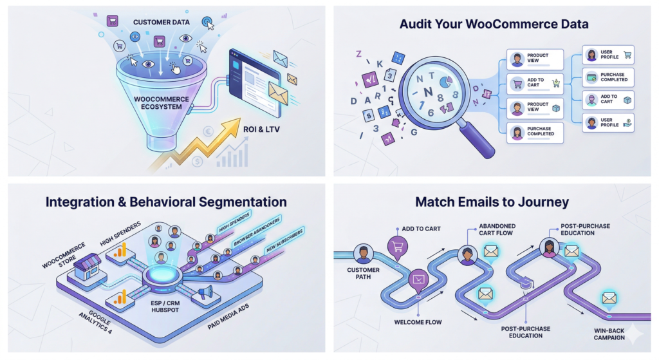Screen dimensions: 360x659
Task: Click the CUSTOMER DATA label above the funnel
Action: point(160,23)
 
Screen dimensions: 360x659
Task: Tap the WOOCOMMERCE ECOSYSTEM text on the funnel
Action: point(161,103)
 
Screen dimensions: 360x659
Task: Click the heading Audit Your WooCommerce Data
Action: point(494,24)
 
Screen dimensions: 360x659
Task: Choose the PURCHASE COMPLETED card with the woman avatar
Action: point(535,133)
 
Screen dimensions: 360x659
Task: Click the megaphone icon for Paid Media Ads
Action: point(205,294)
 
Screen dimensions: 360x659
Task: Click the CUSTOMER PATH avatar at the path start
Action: point(363,254)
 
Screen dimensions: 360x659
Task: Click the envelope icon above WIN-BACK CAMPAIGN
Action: point(609,299)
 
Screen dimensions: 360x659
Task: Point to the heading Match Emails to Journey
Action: point(492,202)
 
